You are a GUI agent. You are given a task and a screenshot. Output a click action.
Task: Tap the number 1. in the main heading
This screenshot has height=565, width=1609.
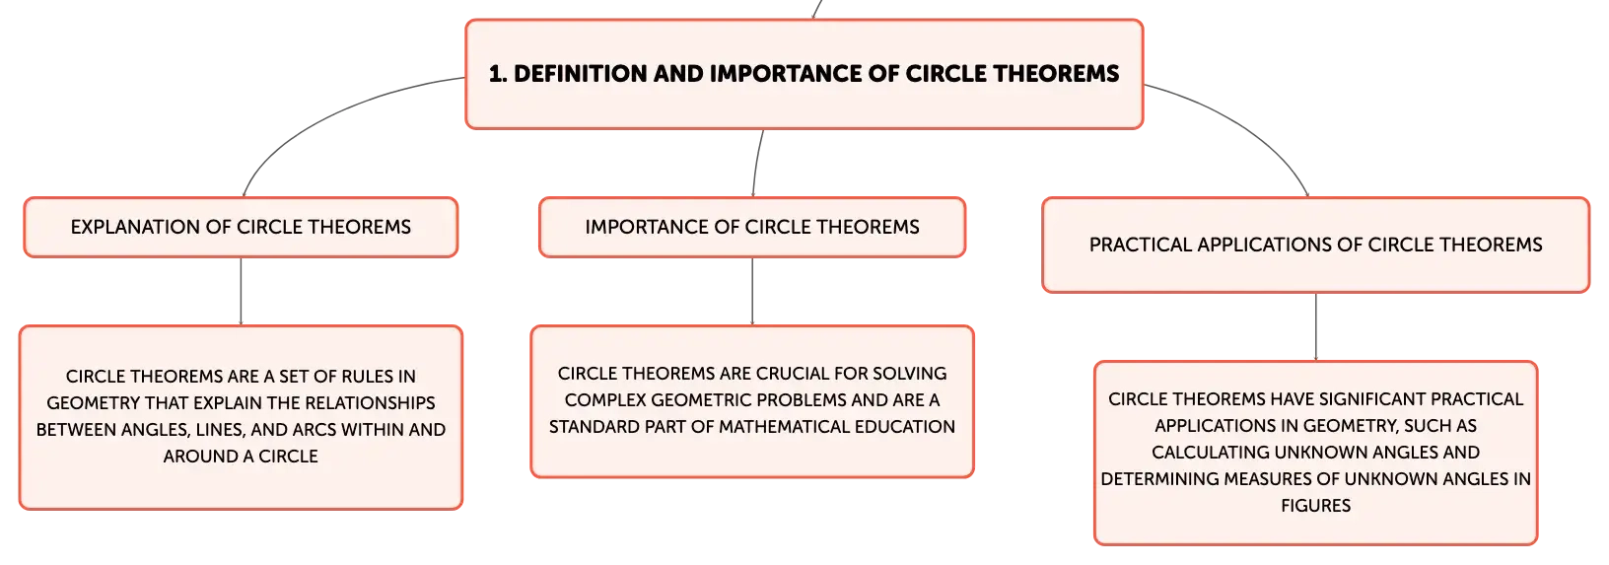pyautogui.click(x=498, y=73)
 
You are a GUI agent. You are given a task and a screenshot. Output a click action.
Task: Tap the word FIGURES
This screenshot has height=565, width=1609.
pyautogui.click(x=1316, y=506)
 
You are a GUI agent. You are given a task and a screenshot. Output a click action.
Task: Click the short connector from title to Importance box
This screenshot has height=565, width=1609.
pyautogui.click(x=757, y=163)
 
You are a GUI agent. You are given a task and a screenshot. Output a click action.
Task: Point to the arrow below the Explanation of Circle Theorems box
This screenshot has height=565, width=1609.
pyautogui.click(x=241, y=291)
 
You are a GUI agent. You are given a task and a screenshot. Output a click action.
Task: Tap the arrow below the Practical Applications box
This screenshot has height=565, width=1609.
pyautogui.click(x=1316, y=327)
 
